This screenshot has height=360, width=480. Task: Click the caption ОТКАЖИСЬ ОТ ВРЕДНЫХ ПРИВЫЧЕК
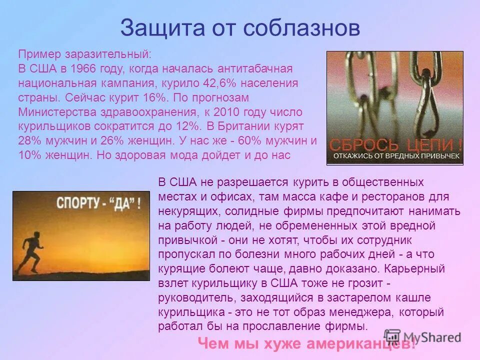pyautogui.click(x=394, y=157)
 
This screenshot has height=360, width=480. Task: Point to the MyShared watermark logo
pyautogui.click(x=422, y=337)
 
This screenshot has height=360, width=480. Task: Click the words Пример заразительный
pyautogui.click(x=84, y=54)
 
